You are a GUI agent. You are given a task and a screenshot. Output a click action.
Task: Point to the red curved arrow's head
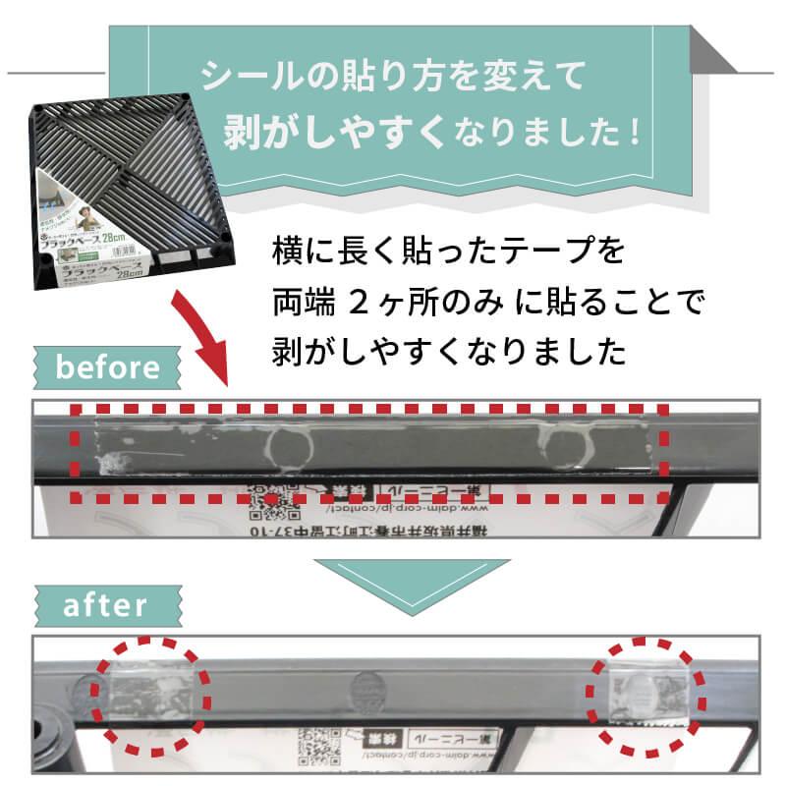[214, 373]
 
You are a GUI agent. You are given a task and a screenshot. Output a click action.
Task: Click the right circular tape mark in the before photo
[566, 446]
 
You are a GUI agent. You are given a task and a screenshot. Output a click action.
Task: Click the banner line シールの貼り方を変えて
[392, 76]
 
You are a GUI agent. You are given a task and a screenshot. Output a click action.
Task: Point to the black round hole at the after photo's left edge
[48, 732]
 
